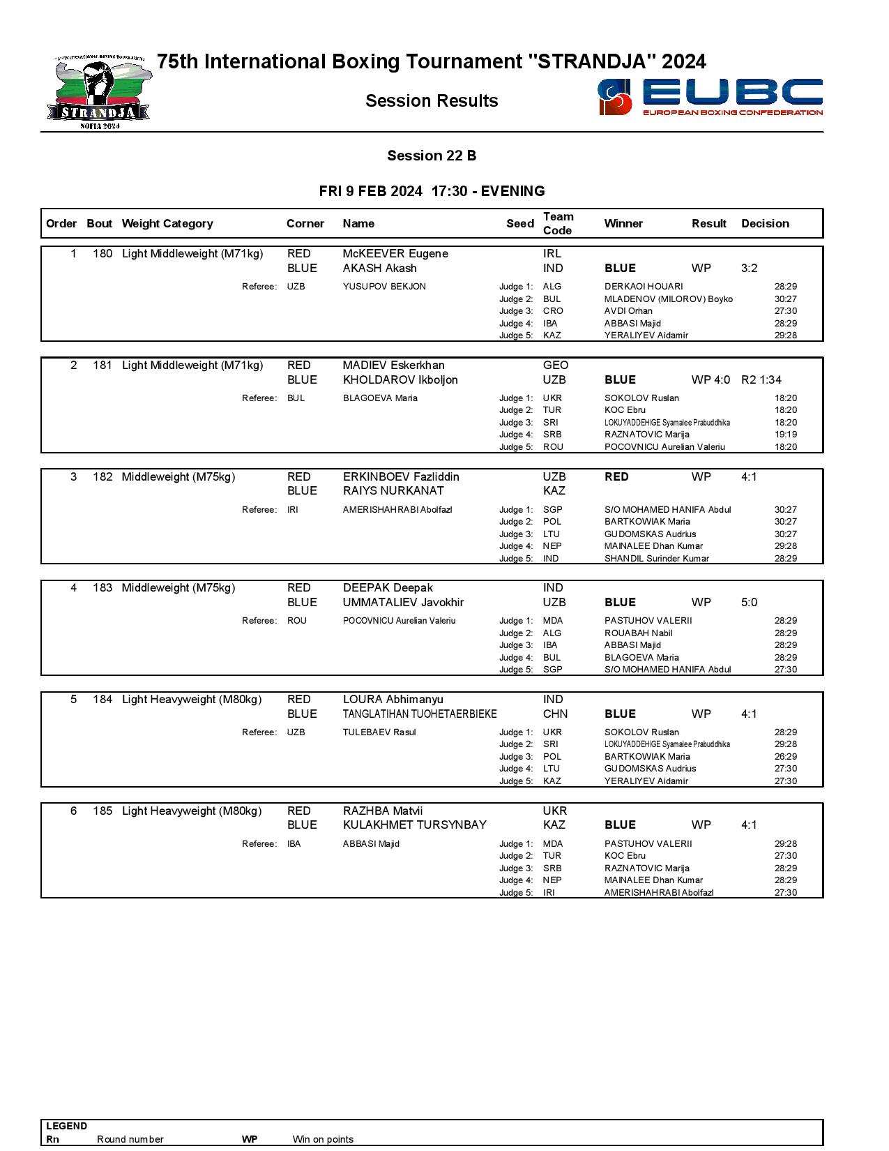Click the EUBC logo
click(x=710, y=97)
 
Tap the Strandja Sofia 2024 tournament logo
click(x=99, y=93)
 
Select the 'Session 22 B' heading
click(x=432, y=156)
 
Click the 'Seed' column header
click(x=519, y=223)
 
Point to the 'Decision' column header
click(x=765, y=223)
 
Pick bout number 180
click(x=102, y=254)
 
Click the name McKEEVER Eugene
click(x=395, y=254)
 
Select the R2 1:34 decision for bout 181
click(x=761, y=379)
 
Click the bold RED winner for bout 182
click(x=616, y=477)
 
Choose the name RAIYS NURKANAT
click(x=393, y=491)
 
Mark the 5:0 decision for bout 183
click(x=749, y=602)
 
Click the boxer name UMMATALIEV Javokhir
click(x=403, y=602)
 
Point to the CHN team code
click(x=555, y=714)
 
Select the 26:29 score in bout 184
click(x=785, y=757)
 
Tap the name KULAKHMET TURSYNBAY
click(x=414, y=825)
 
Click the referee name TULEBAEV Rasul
click(x=379, y=732)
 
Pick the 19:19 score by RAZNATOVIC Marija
click(x=785, y=435)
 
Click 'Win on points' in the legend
click(x=323, y=1139)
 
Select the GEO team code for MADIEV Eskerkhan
click(x=556, y=366)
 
